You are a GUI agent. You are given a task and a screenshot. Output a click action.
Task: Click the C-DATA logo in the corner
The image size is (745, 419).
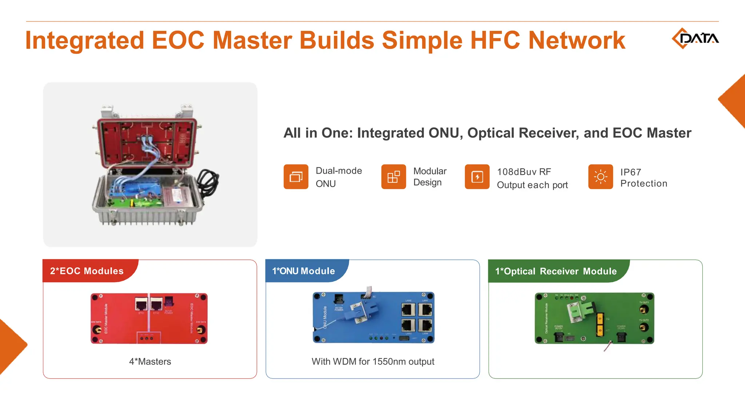[x=695, y=38]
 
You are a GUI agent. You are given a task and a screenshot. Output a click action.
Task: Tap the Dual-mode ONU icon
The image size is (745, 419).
[x=296, y=177]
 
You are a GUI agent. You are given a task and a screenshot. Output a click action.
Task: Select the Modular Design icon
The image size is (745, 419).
[x=393, y=177]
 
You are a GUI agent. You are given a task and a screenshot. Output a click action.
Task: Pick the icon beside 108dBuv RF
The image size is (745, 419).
[x=477, y=177]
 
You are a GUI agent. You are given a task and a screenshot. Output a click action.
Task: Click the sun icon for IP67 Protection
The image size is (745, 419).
[x=600, y=177]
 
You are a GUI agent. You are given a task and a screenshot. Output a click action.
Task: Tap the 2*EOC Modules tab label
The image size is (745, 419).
[x=87, y=271]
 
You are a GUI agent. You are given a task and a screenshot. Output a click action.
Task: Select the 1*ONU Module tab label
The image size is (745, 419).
[x=303, y=271]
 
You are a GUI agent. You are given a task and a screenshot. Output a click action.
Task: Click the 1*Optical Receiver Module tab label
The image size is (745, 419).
[x=556, y=271]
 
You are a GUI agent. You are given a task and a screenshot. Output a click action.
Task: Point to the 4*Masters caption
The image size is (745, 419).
[x=150, y=362]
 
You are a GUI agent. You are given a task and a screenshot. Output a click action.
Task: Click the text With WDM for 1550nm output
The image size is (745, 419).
[x=373, y=362]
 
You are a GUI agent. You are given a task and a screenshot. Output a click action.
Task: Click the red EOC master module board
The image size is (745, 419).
[x=149, y=319]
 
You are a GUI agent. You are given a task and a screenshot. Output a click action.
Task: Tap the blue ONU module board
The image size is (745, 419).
[x=374, y=318]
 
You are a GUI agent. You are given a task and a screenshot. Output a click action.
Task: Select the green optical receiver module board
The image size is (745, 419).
[x=594, y=318]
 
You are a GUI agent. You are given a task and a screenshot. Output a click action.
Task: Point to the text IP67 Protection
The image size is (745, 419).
[x=644, y=178]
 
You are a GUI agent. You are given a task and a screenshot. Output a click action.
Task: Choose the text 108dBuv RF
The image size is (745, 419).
[x=524, y=172]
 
